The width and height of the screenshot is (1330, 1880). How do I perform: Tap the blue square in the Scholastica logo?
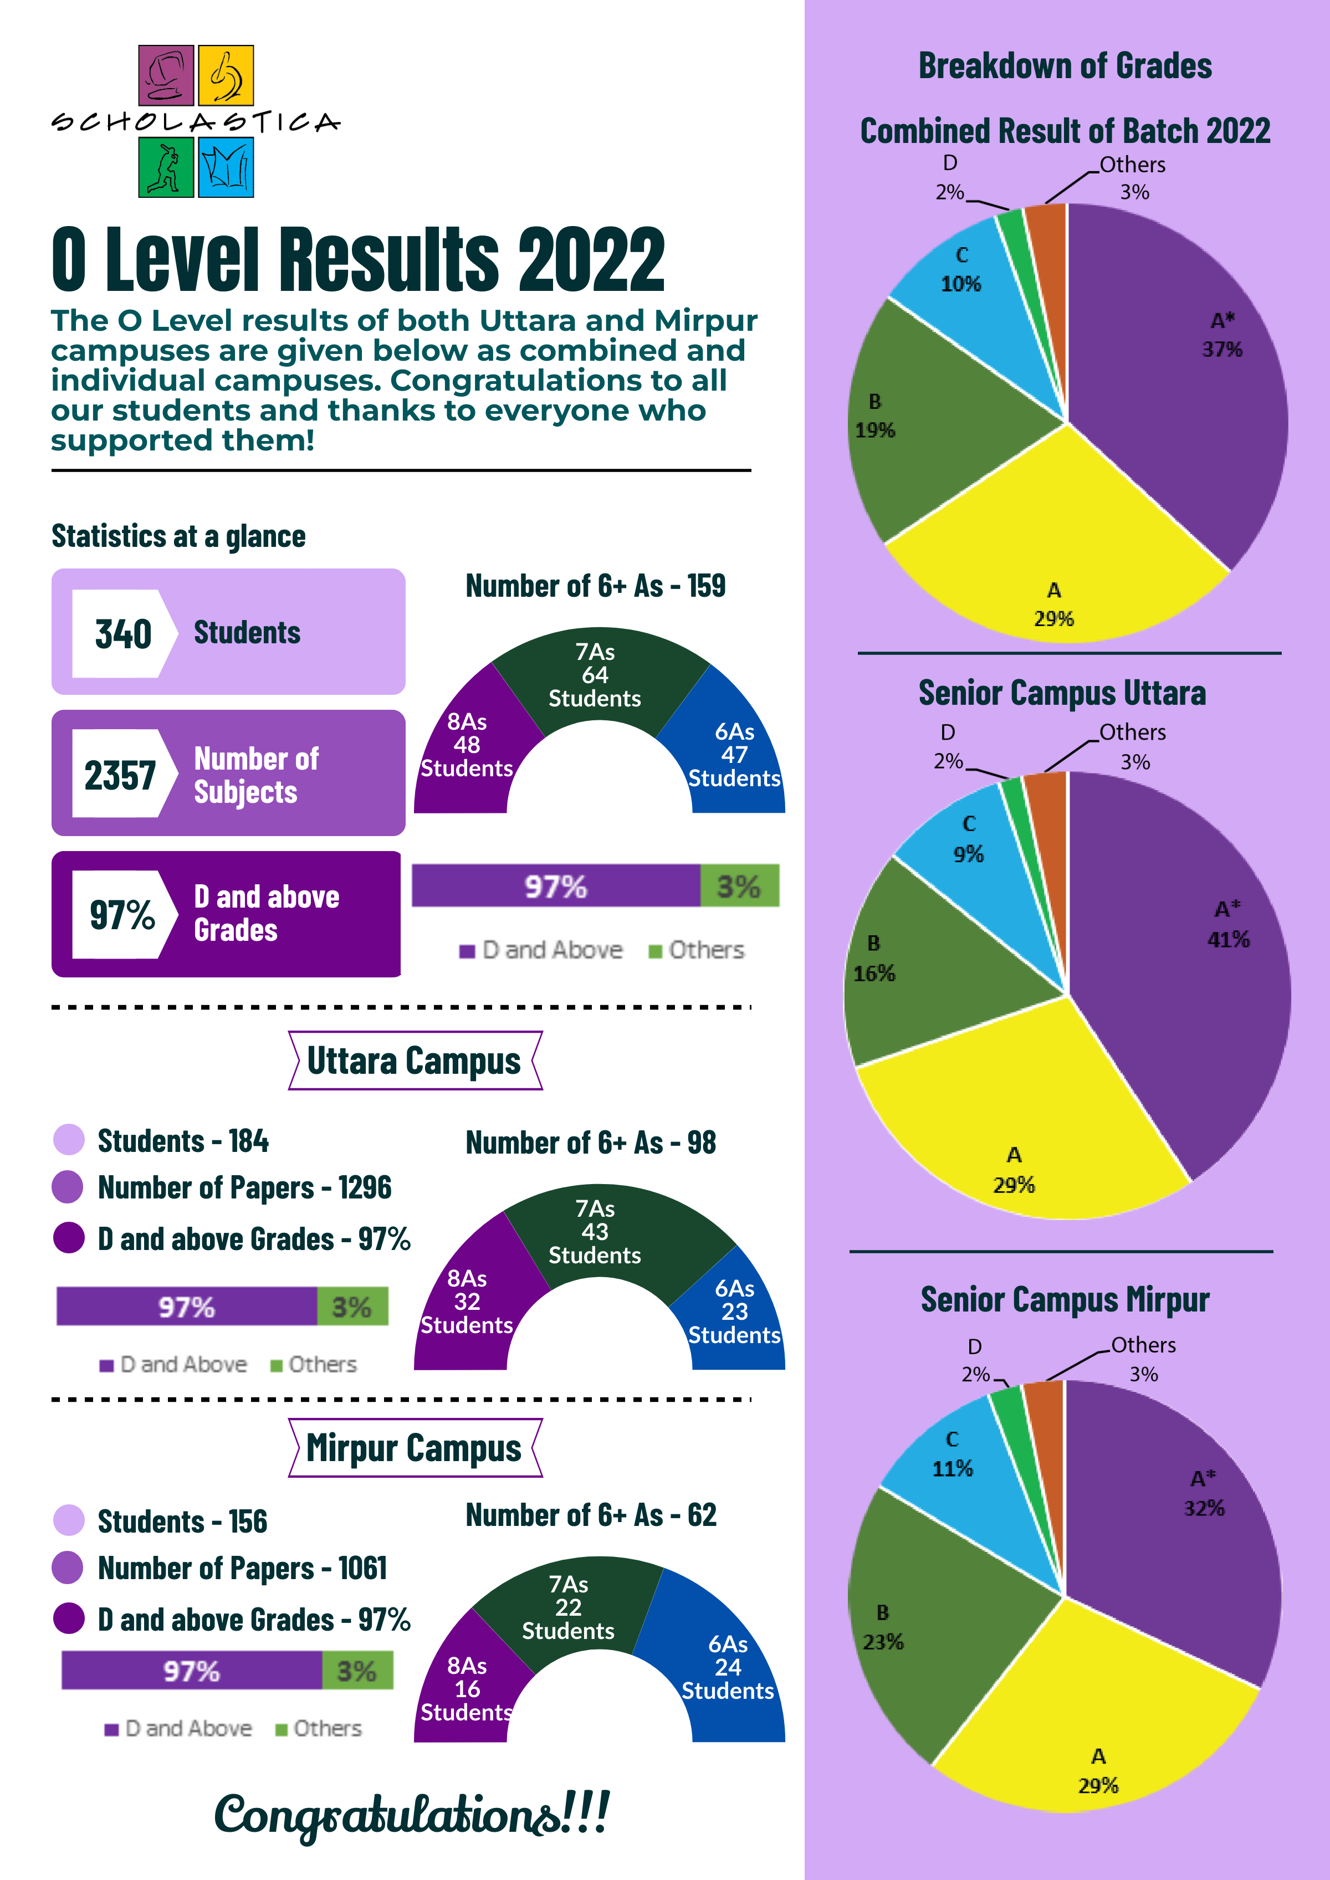[x=226, y=167]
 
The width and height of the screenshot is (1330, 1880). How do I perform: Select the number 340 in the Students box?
[x=124, y=634]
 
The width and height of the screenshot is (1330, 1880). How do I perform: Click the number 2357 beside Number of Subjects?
[x=120, y=775]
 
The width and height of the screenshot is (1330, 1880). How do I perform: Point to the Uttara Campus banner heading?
[x=415, y=1061]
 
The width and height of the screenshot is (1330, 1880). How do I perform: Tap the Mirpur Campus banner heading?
[x=415, y=1448]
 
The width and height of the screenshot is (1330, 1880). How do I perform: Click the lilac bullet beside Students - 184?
[x=69, y=1140]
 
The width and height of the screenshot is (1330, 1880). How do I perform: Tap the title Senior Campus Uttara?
[x=1062, y=693]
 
